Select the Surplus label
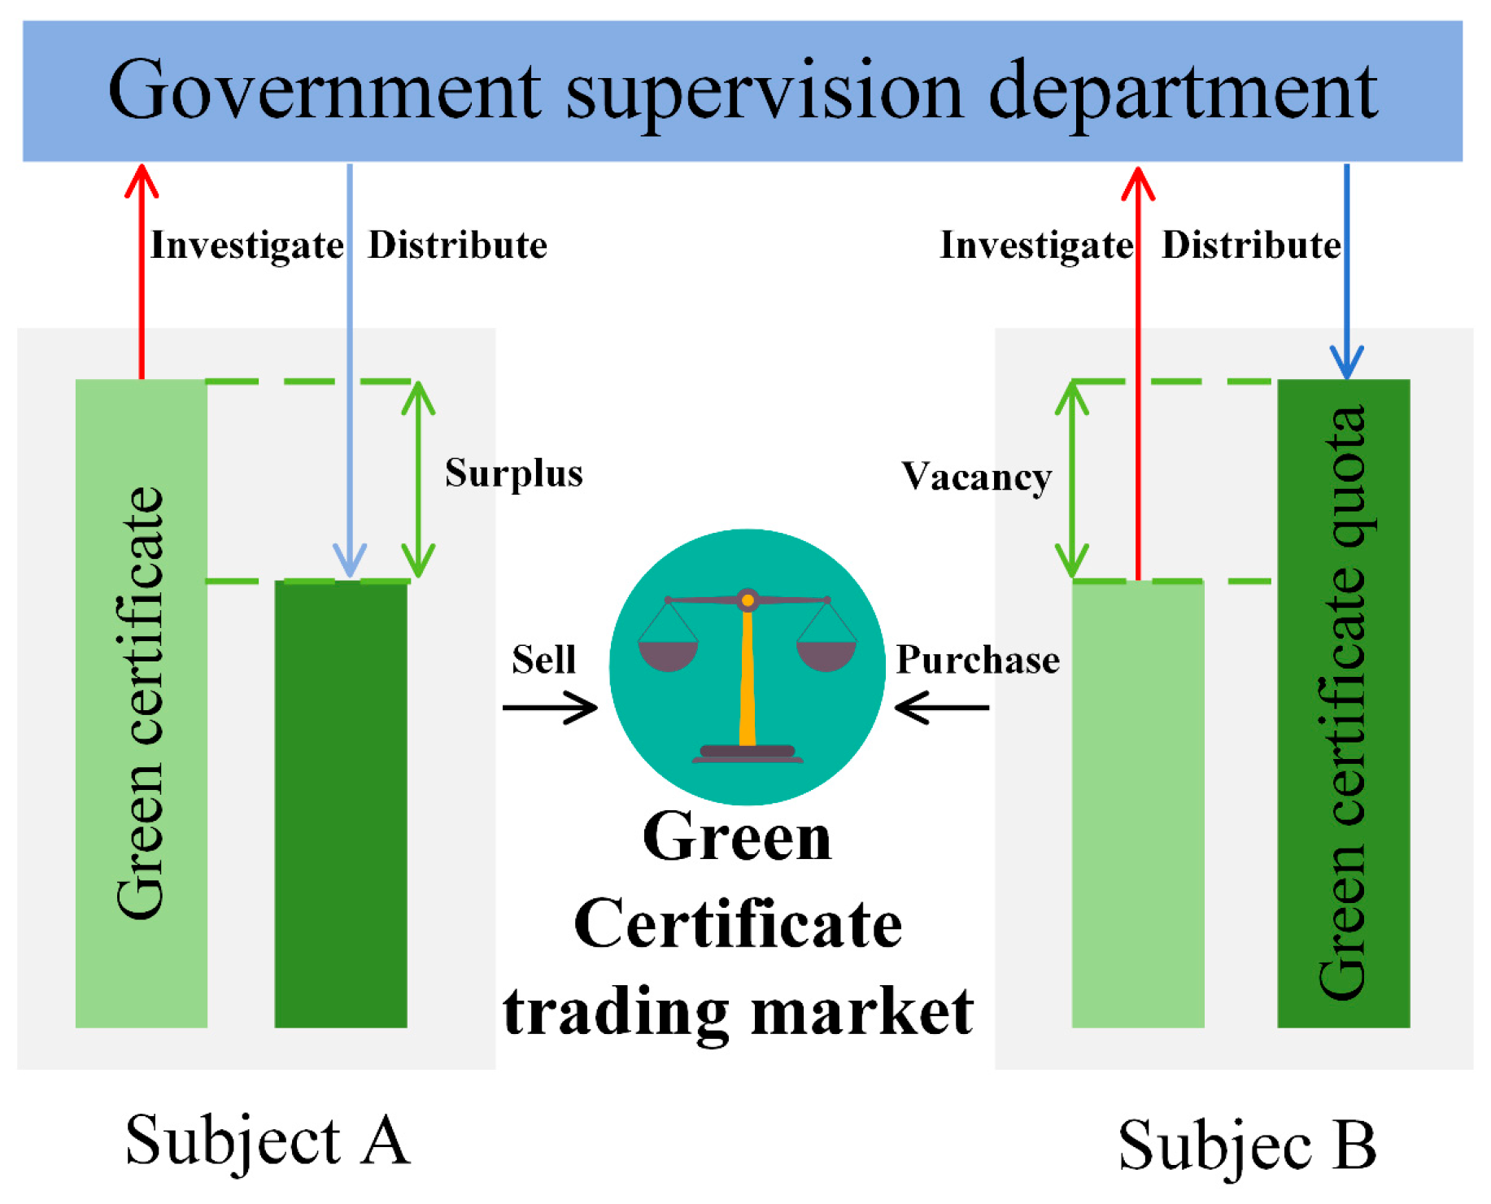pos(513,473)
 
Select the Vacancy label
pos(975,477)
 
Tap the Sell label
pos(543,659)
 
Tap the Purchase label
pos(977,660)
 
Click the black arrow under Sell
pos(550,707)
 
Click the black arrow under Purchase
pos(941,707)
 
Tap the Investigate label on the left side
pos(246,246)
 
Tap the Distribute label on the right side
pos(1250,245)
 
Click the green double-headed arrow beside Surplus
pos(417,480)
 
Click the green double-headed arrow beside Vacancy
pos(1072,480)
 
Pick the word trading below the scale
pos(615,1014)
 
